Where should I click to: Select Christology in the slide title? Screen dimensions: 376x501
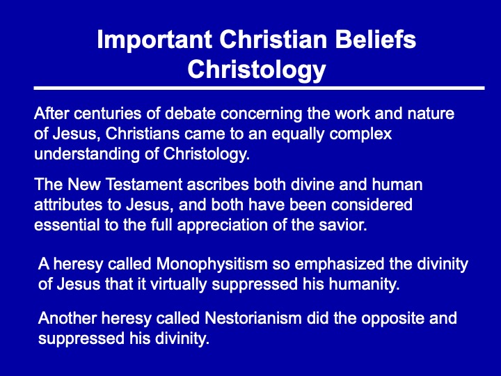[256, 70]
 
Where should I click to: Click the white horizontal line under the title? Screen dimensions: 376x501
[259, 88]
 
